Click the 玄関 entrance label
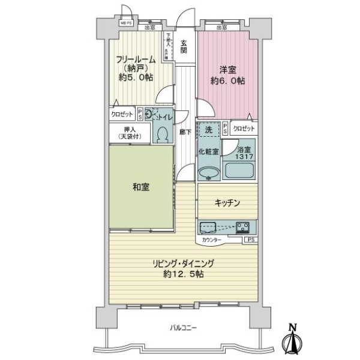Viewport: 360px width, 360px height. [184, 47]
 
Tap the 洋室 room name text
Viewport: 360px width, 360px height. [227, 70]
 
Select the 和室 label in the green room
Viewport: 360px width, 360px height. [142, 187]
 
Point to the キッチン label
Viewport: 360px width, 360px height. [227, 203]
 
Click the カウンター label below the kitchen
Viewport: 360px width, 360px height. [211, 240]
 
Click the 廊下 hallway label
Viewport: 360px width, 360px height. [184, 133]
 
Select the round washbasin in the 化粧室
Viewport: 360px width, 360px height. [208, 173]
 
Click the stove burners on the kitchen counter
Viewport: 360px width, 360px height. [244, 227]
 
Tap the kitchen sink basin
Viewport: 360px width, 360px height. [208, 227]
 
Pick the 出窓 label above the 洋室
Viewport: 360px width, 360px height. [221, 27]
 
